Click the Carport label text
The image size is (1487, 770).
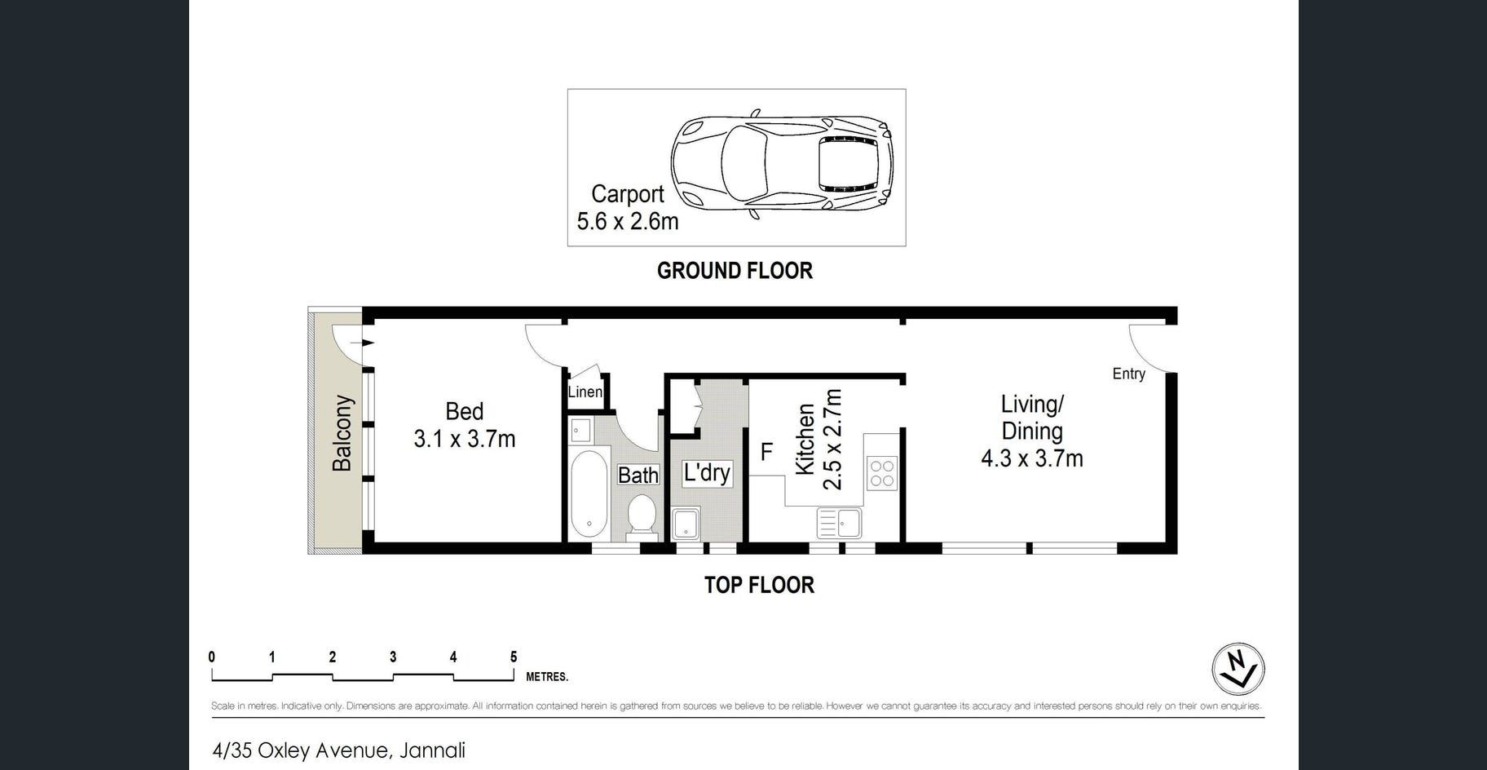628,208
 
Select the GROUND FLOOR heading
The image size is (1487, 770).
735,271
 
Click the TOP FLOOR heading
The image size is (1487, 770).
759,585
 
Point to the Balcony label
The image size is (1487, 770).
342,433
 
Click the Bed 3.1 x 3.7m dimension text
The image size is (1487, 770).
465,425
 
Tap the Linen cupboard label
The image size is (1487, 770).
585,392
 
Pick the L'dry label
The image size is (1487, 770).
707,472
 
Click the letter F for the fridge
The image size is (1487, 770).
766,452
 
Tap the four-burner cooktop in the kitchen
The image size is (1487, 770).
882,473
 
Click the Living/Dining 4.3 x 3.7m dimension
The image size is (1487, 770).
1032,431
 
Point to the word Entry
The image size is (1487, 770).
1129,374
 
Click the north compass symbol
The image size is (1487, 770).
1238,668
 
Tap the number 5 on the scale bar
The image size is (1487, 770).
514,657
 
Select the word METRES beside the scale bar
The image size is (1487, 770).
547,677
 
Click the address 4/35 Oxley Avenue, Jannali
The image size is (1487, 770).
339,750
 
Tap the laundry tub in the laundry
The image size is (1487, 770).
686,523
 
